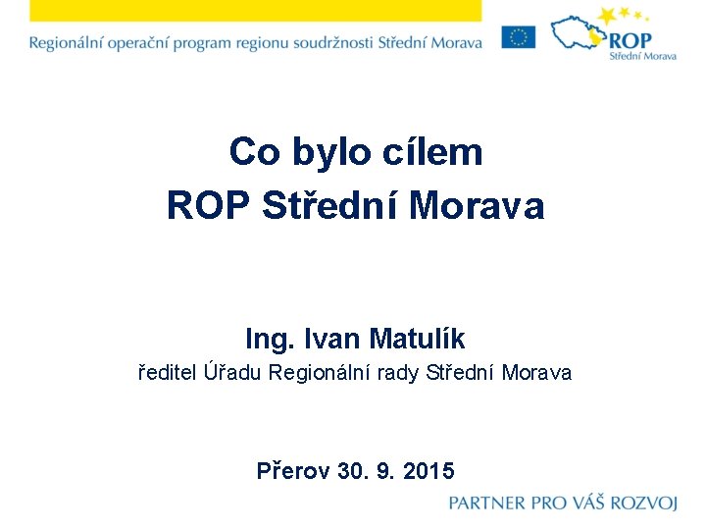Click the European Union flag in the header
tap(518, 37)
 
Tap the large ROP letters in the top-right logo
tap(630, 40)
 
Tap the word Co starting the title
tap(250, 152)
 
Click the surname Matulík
tap(419, 340)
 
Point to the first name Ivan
tap(333, 340)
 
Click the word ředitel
tap(168, 373)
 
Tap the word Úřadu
tap(233, 373)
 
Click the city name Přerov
tap(292, 471)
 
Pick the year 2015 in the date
tap(429, 471)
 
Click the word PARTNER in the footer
tap(487, 503)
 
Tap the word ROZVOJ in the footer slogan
tap(643, 503)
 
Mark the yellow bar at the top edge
tap(255, 10)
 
